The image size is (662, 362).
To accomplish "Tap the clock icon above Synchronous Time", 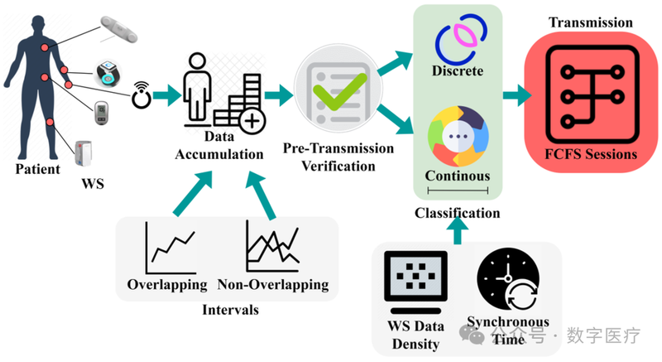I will coord(507,277).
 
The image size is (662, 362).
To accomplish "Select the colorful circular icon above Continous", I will coord(457,134).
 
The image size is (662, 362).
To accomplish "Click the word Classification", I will coord(457,213).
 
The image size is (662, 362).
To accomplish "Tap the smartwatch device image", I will coord(107,73).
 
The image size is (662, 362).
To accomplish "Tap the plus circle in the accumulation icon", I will coord(253,123).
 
